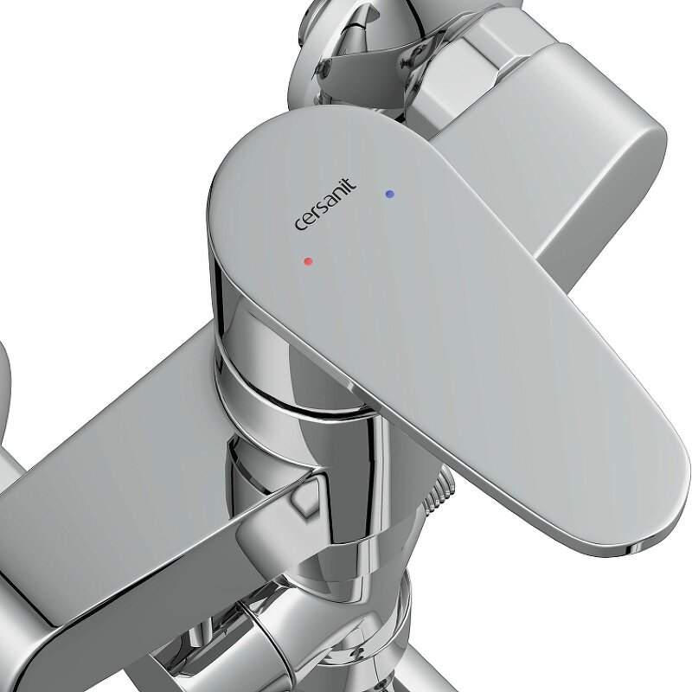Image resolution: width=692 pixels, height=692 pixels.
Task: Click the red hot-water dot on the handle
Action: (309, 261)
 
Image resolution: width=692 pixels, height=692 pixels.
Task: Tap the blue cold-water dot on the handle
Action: (389, 194)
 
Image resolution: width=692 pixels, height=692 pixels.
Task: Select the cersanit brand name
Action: (325, 204)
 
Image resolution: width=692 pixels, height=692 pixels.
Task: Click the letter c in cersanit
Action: (300, 224)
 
